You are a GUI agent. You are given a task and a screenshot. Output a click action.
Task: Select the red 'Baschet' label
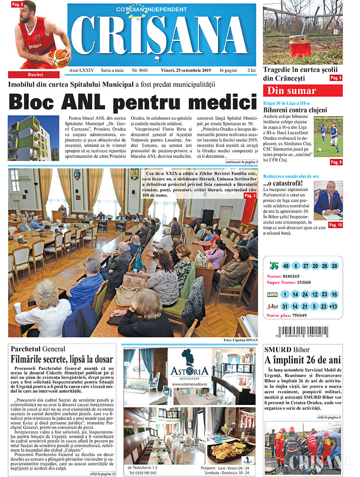[34, 75]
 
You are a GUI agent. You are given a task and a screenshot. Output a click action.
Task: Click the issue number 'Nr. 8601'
[140, 71]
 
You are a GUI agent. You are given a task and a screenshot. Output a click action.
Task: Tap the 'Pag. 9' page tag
[336, 162]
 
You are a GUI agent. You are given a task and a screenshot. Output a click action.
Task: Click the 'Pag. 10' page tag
[335, 225]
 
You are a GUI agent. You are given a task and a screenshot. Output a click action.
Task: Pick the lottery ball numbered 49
[284, 266]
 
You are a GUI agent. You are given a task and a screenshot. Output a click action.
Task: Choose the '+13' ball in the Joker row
[333, 306]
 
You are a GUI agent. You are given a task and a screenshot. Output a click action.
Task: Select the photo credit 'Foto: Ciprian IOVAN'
[240, 340]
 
